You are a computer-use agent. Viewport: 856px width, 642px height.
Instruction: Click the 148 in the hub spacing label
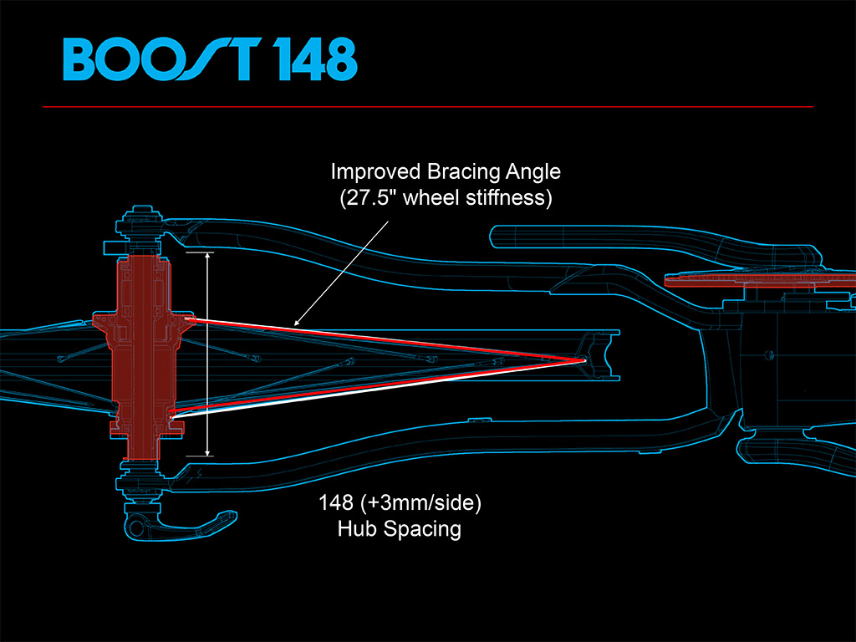pyautogui.click(x=334, y=504)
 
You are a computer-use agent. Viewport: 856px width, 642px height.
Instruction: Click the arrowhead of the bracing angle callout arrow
pyautogui.click(x=296, y=322)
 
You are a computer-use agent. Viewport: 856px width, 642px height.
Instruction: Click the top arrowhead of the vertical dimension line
pyautogui.click(x=208, y=256)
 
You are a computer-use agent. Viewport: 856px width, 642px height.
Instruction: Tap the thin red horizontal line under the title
pyautogui.click(x=428, y=107)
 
